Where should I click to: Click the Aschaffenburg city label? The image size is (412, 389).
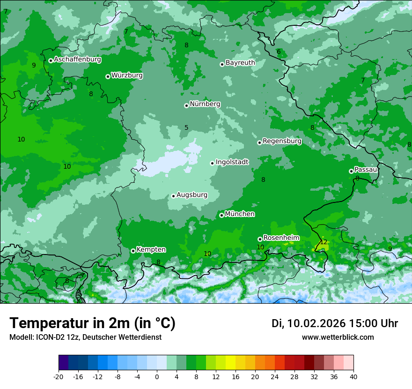click(x=77, y=60)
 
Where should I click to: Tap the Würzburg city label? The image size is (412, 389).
click(x=127, y=75)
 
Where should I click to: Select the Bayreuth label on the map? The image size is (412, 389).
click(x=240, y=63)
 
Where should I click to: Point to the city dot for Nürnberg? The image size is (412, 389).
click(x=186, y=105)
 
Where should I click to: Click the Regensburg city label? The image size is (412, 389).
click(x=282, y=141)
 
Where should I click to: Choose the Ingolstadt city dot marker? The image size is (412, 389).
click(x=212, y=163)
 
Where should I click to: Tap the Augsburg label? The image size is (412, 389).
click(x=191, y=195)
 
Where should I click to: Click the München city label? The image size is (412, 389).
click(x=240, y=214)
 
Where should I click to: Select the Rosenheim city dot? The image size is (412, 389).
click(x=260, y=239)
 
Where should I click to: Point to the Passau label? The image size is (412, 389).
click(x=366, y=170)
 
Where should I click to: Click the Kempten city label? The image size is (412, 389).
click(x=151, y=250)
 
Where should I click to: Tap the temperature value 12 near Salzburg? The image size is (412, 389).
click(x=324, y=242)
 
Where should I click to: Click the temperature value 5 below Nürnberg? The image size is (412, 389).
click(x=186, y=127)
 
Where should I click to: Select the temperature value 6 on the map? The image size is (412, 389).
click(x=279, y=52)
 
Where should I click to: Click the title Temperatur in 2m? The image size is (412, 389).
click(x=92, y=323)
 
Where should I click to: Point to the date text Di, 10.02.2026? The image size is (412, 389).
click(x=308, y=323)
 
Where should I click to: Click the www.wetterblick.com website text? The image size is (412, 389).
click(x=338, y=337)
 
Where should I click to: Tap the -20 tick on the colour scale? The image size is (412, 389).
click(x=59, y=376)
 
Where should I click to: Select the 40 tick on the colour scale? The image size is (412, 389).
click(x=353, y=376)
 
